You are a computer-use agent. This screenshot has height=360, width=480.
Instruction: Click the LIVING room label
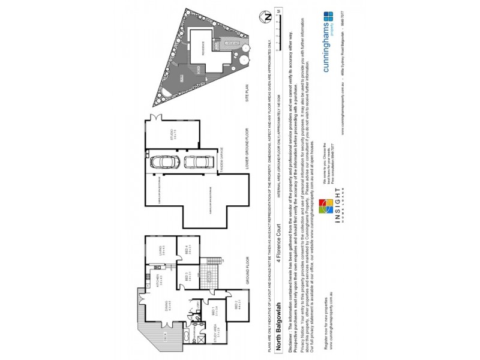[164, 251]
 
